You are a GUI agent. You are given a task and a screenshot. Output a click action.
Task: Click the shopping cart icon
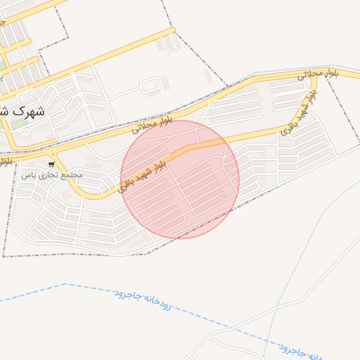(x=51, y=164)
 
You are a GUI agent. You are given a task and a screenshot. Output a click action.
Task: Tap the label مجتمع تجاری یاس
(x=52, y=174)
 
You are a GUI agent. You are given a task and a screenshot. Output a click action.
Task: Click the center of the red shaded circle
(x=180, y=179)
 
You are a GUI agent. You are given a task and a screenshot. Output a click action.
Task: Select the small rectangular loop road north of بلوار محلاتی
(x=150, y=86)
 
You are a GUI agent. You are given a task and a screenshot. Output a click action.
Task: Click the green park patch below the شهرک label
(x=20, y=124)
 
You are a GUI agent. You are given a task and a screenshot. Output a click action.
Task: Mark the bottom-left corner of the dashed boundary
(x=4, y=256)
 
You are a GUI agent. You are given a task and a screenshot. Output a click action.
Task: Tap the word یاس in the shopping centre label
(x=28, y=174)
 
